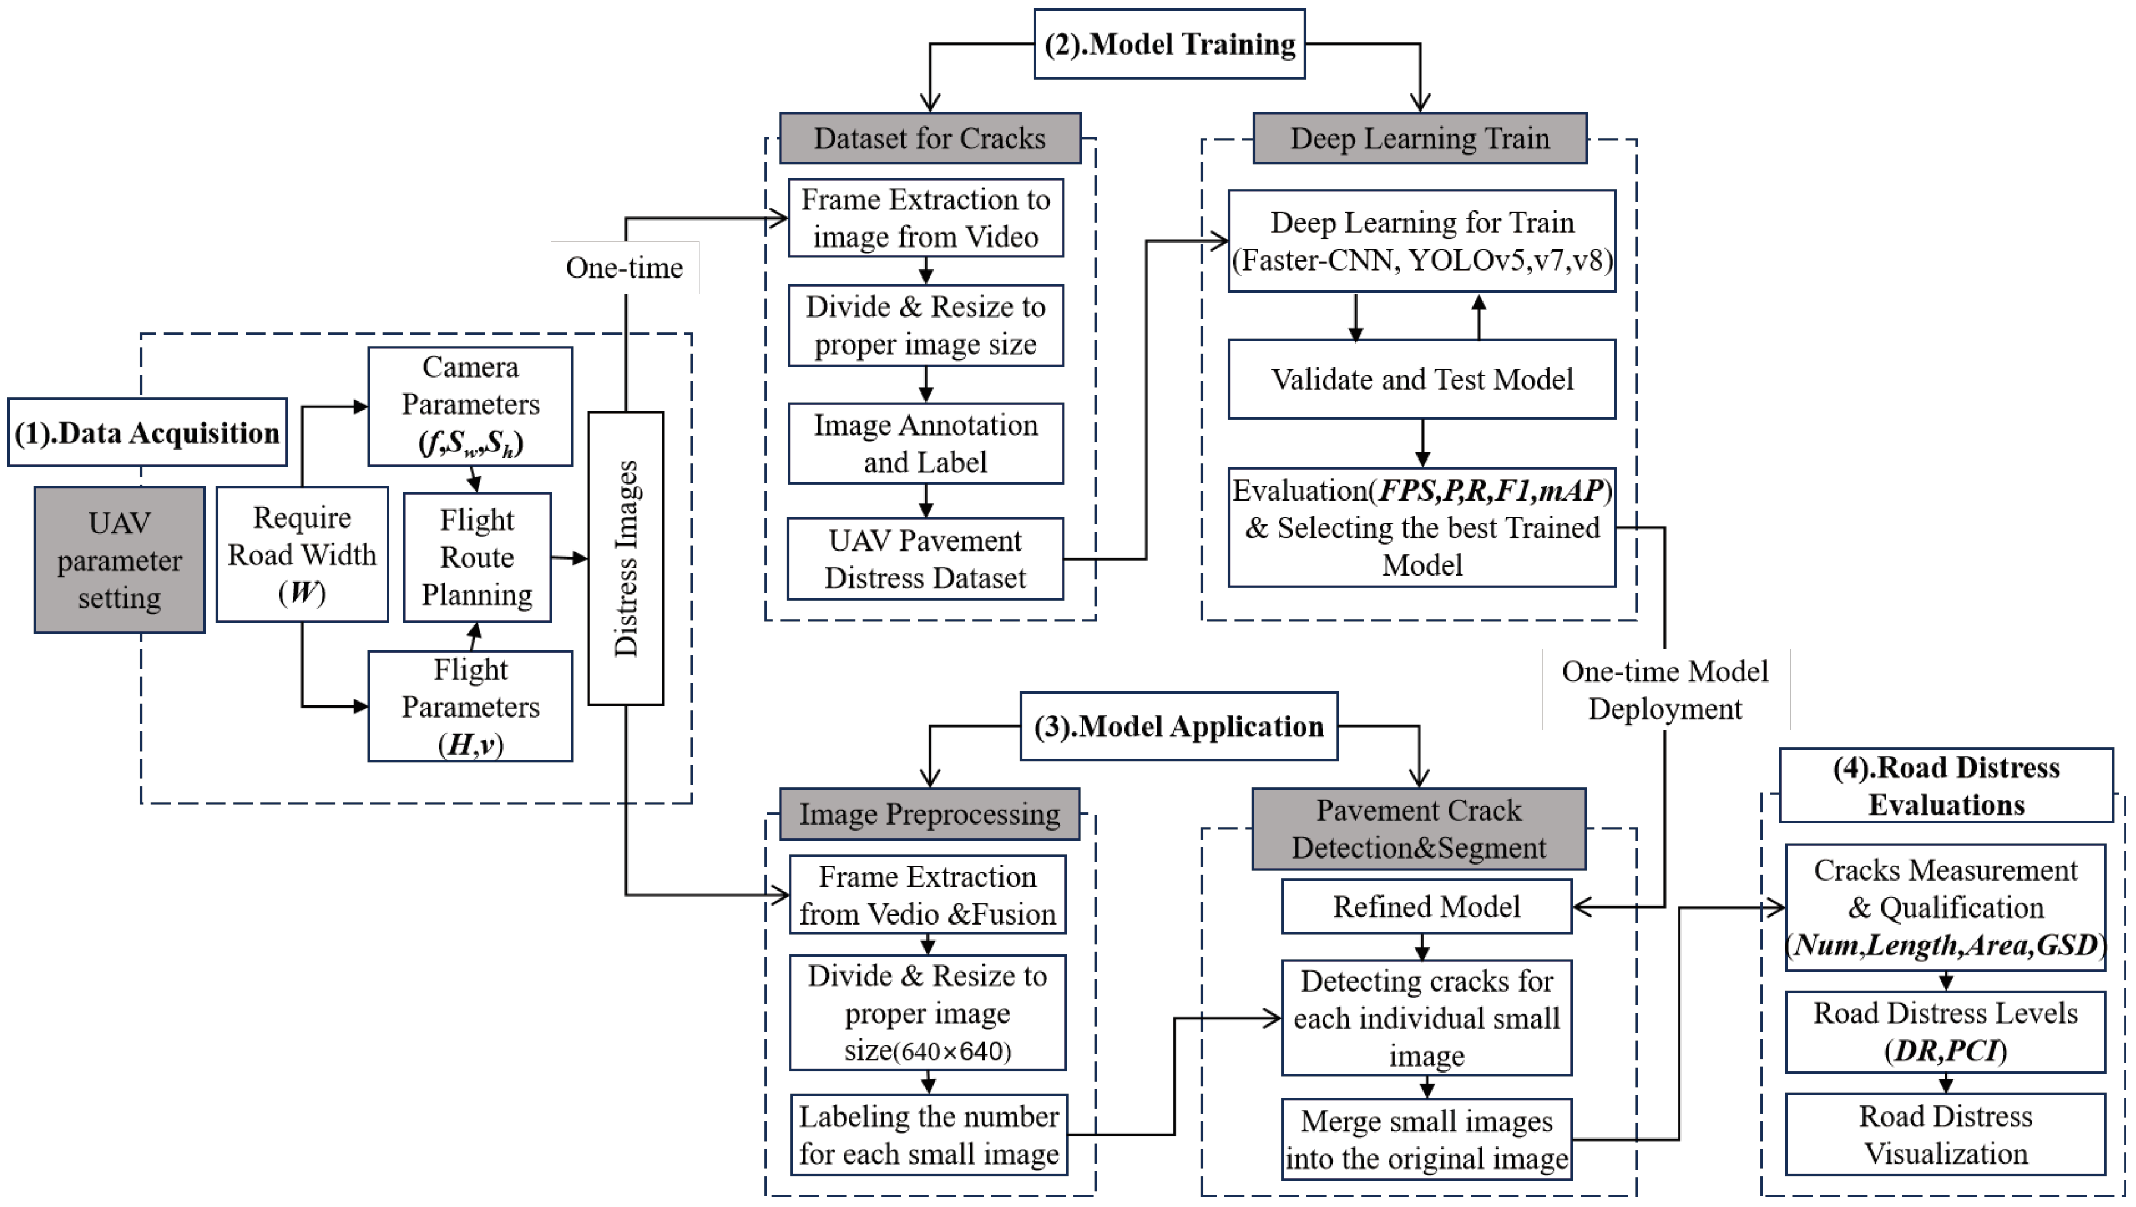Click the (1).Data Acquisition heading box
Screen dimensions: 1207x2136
point(147,433)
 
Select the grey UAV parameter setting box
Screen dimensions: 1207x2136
point(120,560)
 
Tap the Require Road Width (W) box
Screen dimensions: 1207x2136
point(302,554)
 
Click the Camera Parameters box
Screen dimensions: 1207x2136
point(470,406)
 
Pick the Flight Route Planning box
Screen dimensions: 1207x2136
point(477,557)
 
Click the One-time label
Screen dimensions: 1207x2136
point(624,268)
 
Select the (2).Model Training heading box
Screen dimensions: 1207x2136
point(1169,44)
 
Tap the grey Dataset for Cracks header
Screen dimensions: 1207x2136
point(929,139)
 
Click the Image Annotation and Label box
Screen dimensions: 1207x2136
point(925,444)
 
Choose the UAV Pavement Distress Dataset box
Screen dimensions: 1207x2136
point(925,559)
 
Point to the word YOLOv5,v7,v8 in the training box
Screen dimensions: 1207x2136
point(1509,260)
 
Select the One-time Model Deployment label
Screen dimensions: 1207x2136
point(1664,690)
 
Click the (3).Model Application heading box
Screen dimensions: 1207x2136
point(1178,726)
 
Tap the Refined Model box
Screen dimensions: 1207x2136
point(1426,906)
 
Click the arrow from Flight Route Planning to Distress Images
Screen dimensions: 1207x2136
point(570,558)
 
